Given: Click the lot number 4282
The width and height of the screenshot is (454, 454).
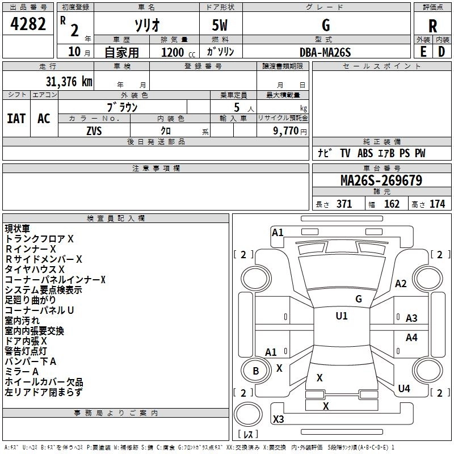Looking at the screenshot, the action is pyautogui.click(x=28, y=24).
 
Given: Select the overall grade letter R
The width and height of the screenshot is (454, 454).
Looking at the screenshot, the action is pyautogui.click(x=432, y=26).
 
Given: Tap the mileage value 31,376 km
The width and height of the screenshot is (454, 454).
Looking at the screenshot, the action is pyautogui.click(x=69, y=82).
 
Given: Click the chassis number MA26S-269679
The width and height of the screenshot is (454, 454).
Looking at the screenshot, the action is pyautogui.click(x=381, y=180).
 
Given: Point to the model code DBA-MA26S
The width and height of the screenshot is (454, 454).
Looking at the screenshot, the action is pyautogui.click(x=325, y=52).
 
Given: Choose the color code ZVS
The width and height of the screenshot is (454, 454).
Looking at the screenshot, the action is pyautogui.click(x=94, y=131).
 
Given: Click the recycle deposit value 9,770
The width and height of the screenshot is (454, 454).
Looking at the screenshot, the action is pyautogui.click(x=285, y=131).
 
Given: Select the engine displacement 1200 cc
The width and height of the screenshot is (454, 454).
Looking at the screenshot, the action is pyautogui.click(x=178, y=52).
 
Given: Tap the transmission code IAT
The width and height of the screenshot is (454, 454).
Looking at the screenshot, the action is pyautogui.click(x=16, y=119).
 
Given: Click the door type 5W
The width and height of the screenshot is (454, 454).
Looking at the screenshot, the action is pyautogui.click(x=220, y=25).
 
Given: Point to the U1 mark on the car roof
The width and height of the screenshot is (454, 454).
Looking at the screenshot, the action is pyautogui.click(x=342, y=316).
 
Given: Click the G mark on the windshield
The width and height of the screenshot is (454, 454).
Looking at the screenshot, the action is pyautogui.click(x=359, y=299).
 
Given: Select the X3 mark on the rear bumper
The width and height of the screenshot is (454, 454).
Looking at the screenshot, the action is pyautogui.click(x=278, y=419).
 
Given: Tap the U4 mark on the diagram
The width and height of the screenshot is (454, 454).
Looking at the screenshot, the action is pyautogui.click(x=404, y=388).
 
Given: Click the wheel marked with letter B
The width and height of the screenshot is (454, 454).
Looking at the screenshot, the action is pyautogui.click(x=256, y=371).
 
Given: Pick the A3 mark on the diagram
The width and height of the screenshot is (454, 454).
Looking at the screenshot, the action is pyautogui.click(x=411, y=318).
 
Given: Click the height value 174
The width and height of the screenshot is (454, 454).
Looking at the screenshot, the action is pyautogui.click(x=437, y=204).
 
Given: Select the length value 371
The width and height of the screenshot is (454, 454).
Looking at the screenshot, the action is pyautogui.click(x=344, y=204).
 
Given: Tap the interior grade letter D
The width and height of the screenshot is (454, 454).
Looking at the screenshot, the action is pyautogui.click(x=442, y=52).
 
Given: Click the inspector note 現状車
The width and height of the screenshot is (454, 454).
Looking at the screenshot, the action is pyautogui.click(x=18, y=229).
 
